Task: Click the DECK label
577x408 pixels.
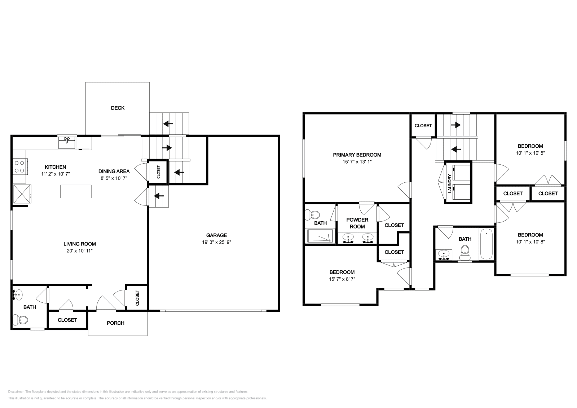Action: (118, 108)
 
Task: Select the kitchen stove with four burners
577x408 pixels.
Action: (20, 167)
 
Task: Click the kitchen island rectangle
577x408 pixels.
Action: (76, 191)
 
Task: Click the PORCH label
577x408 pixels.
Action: (115, 323)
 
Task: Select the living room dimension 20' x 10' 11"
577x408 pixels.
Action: (80, 250)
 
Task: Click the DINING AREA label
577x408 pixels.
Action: (114, 171)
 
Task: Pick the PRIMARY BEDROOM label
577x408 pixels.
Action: (357, 155)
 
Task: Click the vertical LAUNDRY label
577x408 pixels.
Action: (450, 183)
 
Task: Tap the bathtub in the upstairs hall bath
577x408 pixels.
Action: (486, 244)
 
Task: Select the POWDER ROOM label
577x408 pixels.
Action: (357, 223)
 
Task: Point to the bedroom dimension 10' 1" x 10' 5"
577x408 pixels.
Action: (530, 153)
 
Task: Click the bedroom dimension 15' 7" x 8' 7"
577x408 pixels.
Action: (342, 279)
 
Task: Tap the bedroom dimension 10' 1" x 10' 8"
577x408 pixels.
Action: (530, 242)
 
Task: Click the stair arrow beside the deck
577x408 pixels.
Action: (168, 124)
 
